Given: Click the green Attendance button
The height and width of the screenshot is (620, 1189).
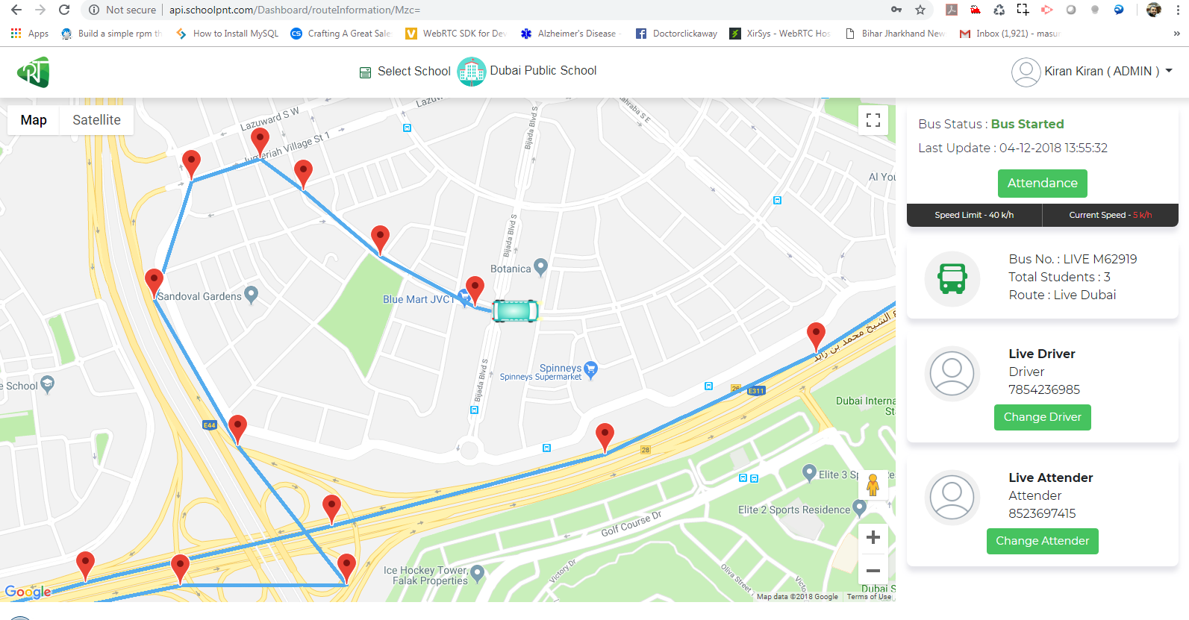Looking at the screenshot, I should pos(1042,184).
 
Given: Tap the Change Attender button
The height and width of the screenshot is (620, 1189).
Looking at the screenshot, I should pos(1042,541).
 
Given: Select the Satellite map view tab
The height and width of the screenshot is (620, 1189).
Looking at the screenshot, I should pos(96,120).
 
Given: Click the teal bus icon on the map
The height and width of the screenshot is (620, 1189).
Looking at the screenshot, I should pos(515,310).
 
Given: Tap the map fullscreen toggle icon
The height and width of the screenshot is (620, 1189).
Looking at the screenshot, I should pos(873,120).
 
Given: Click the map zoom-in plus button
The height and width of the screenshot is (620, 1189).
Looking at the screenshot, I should pos(873,537).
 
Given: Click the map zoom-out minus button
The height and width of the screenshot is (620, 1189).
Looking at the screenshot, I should pos(873,571).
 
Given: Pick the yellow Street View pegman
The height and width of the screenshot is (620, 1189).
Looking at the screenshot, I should pos(873,486).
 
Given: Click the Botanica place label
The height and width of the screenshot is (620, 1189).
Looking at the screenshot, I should pos(511,269).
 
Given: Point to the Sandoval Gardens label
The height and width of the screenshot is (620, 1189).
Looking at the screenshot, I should pos(199,296).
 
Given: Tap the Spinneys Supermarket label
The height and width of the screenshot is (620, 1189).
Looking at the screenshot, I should pos(540,372).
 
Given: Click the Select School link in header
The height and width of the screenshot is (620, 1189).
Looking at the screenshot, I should pos(414,72).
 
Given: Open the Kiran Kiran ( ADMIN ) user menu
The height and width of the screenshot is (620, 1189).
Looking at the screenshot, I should pos(1093,72).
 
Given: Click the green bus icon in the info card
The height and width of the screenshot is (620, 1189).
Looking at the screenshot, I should pos(952,279).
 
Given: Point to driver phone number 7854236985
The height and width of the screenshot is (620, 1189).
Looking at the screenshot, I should pos(1044,389).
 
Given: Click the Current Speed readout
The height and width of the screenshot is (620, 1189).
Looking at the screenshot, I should pos(1110,215).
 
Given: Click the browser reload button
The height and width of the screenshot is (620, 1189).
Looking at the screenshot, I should pos(64,10).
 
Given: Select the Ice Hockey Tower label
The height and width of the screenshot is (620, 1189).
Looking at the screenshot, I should pos(425,575).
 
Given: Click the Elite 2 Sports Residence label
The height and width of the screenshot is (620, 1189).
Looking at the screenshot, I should pos(794,510).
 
